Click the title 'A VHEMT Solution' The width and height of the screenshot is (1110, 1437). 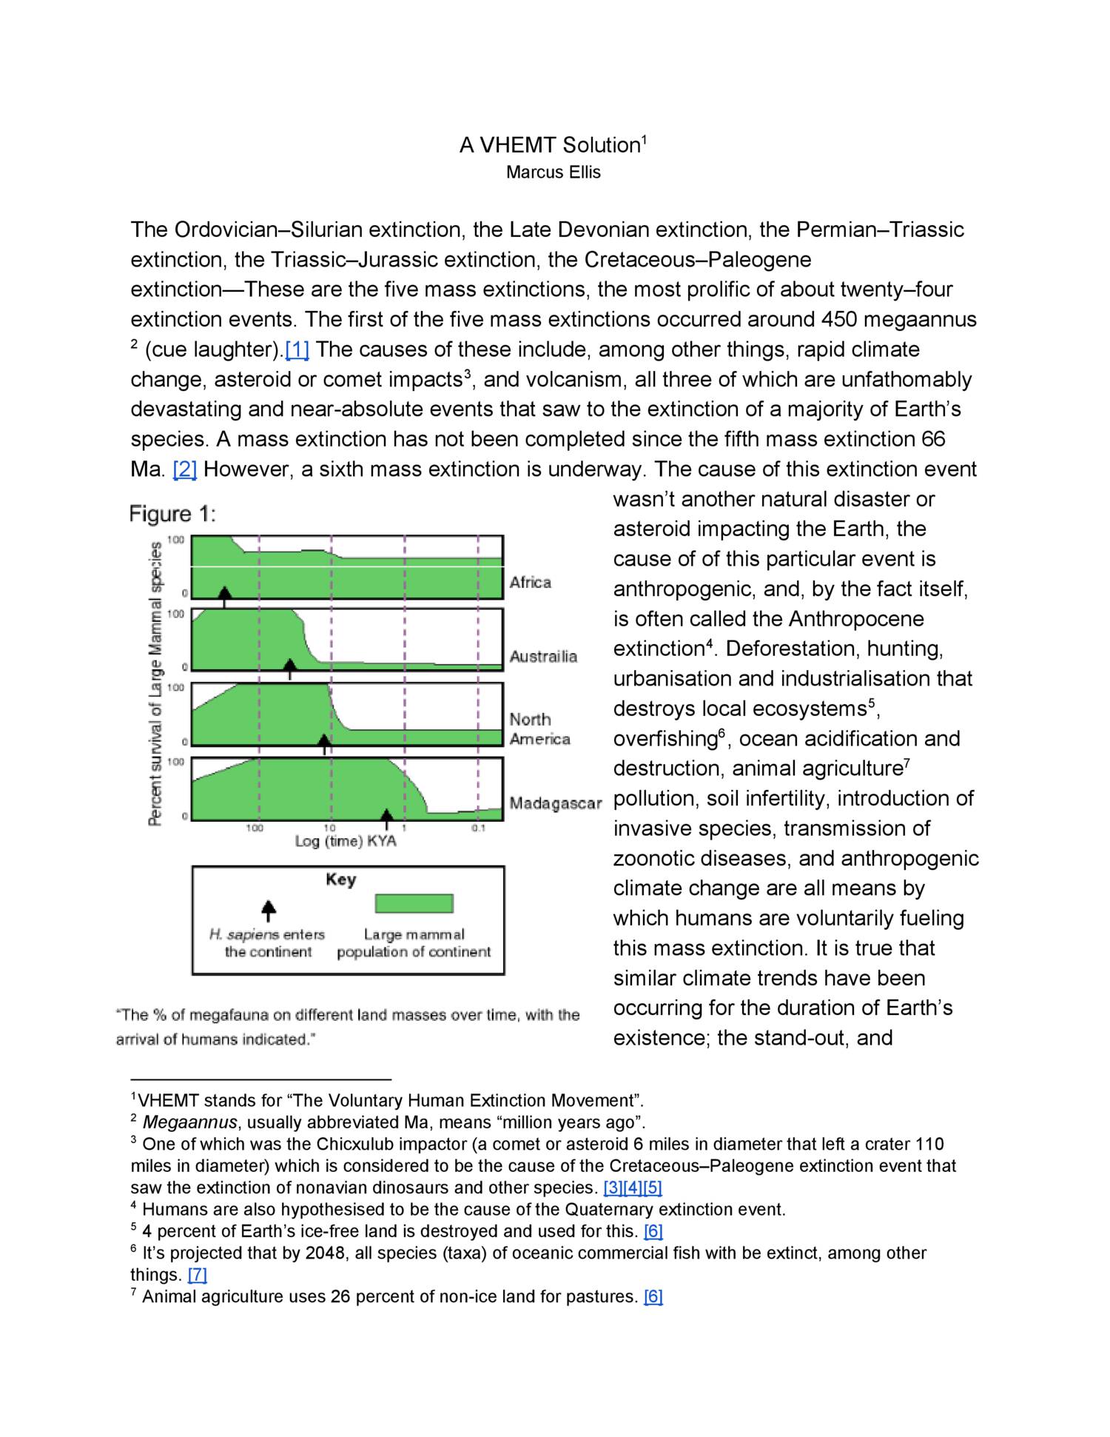point(549,145)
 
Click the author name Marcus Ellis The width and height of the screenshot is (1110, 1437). point(553,172)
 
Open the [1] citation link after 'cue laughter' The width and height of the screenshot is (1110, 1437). point(297,349)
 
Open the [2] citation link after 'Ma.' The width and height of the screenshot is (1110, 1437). point(184,469)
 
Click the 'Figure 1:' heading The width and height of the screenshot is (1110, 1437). point(172,514)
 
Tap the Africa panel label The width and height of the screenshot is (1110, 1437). point(531,583)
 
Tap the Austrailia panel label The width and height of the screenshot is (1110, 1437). point(543,657)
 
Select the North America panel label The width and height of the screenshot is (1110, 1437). point(539,729)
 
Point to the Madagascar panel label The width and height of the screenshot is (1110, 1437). point(555,804)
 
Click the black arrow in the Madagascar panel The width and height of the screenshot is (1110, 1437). point(386,817)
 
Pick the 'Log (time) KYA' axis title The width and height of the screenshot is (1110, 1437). point(346,841)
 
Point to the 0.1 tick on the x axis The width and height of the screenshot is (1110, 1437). point(478,828)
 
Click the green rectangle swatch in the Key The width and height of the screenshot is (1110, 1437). point(414,903)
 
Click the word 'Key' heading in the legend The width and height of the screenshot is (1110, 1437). point(340,880)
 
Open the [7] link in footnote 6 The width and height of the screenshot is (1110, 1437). point(198,1275)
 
